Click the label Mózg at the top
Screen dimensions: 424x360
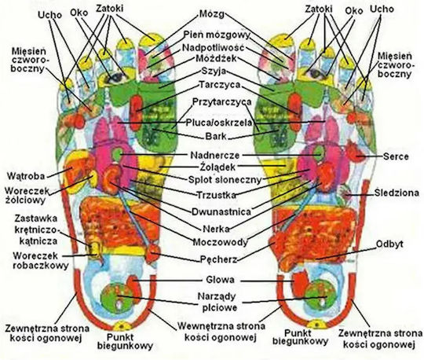(x=212, y=14)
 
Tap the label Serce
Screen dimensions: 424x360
(x=396, y=156)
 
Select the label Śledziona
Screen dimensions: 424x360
(x=397, y=193)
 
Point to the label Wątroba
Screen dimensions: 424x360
(x=26, y=176)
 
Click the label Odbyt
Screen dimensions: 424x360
(x=389, y=244)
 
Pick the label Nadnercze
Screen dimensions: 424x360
(x=215, y=156)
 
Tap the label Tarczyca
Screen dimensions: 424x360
(x=220, y=85)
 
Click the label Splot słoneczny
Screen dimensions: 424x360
(x=225, y=179)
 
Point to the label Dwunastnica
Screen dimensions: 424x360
(x=221, y=211)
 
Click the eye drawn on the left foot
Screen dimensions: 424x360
(x=116, y=78)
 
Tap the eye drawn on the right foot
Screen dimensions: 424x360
(x=315, y=73)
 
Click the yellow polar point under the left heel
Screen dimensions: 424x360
(x=122, y=325)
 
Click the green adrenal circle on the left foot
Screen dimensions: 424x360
(x=117, y=154)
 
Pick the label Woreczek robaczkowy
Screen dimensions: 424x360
(x=40, y=260)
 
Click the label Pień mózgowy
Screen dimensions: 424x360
(x=217, y=35)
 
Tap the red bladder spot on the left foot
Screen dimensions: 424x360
(x=152, y=253)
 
